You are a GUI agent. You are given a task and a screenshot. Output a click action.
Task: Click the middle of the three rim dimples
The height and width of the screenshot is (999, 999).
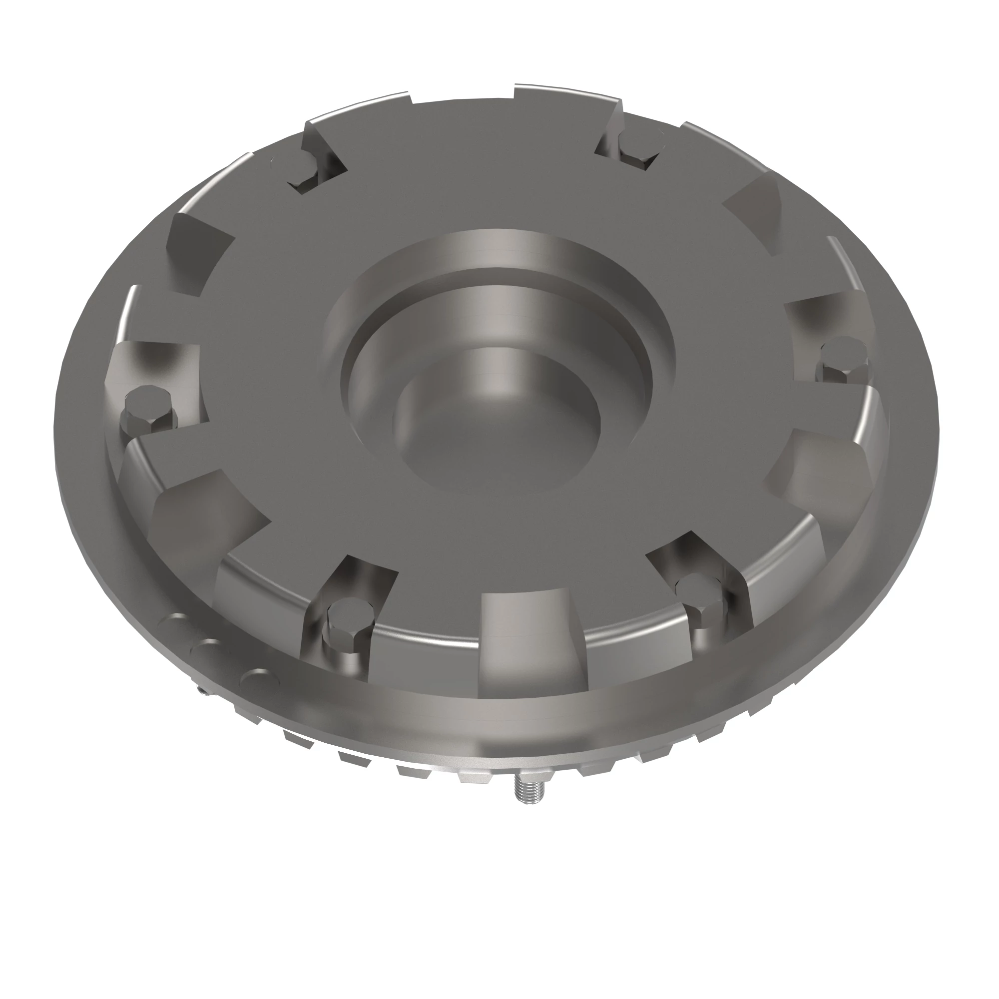(x=210, y=648)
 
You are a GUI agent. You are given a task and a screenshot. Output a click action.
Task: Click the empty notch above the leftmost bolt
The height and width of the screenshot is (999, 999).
(x=199, y=248)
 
